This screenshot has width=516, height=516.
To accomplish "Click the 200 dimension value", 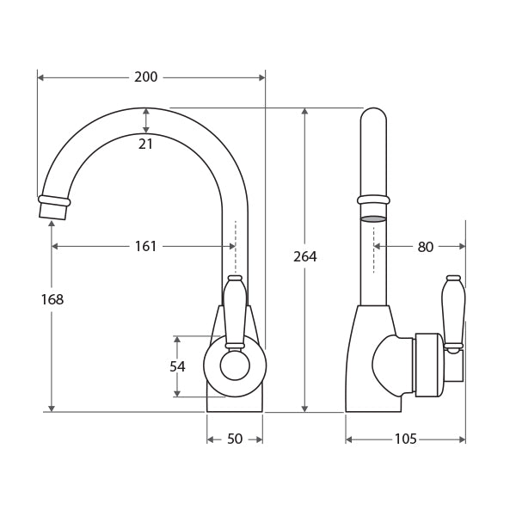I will [146, 77].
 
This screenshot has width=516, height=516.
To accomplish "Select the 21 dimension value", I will [146, 144].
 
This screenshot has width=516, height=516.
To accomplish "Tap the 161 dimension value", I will [146, 247].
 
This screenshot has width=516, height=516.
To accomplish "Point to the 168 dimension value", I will [52, 300].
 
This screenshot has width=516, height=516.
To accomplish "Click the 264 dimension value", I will [304, 257].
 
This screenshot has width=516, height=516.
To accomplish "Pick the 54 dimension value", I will [177, 367].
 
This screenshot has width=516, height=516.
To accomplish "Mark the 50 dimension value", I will [235, 439].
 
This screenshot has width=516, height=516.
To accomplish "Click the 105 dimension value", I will [405, 439].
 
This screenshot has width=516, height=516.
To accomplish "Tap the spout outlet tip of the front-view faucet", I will [53, 207].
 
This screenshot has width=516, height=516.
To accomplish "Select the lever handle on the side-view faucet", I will [453, 311].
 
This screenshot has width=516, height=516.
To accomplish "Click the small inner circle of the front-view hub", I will [235, 366].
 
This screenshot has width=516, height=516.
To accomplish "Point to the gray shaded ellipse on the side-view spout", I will [373, 219].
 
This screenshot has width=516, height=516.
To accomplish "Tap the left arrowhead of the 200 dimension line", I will [40, 77].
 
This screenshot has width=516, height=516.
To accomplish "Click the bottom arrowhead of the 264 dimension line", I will [304, 408].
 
